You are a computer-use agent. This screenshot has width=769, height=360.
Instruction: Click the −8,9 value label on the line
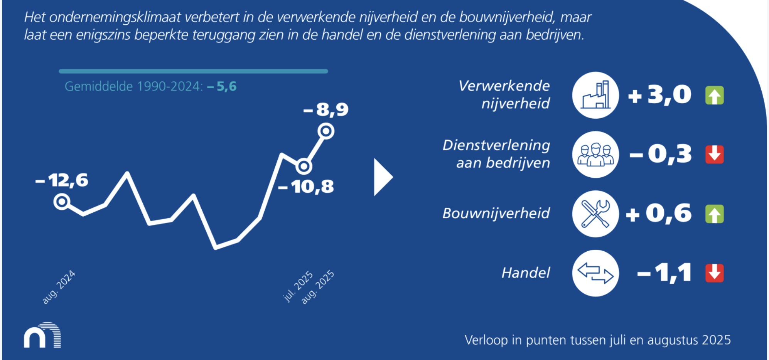326,109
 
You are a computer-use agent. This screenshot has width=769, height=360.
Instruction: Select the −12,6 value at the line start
62,180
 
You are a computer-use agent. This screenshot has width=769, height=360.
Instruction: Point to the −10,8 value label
306,187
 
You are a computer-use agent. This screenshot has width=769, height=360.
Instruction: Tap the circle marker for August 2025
326,131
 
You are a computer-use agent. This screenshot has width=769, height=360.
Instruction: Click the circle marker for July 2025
304,167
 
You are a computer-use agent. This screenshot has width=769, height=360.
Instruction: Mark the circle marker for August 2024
62,202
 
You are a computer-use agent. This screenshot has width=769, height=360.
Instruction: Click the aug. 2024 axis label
59,287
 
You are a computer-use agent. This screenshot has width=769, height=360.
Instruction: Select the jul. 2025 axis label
298,286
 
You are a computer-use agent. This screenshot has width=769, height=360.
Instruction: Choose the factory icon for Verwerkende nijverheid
595,95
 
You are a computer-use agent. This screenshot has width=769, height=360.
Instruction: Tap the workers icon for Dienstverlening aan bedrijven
595,154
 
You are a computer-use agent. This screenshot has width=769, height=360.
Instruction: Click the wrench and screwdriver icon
595,214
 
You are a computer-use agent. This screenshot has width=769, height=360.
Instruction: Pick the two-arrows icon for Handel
595,273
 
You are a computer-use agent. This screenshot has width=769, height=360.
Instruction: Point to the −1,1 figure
664,273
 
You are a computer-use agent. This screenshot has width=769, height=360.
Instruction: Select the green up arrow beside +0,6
715,214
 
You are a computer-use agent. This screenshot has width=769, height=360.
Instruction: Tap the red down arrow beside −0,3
715,155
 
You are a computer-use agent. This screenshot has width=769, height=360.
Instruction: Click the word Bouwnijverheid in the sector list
496,213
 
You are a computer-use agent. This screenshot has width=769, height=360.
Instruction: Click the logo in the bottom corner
42,335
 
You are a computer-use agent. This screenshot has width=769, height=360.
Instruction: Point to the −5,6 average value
222,86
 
